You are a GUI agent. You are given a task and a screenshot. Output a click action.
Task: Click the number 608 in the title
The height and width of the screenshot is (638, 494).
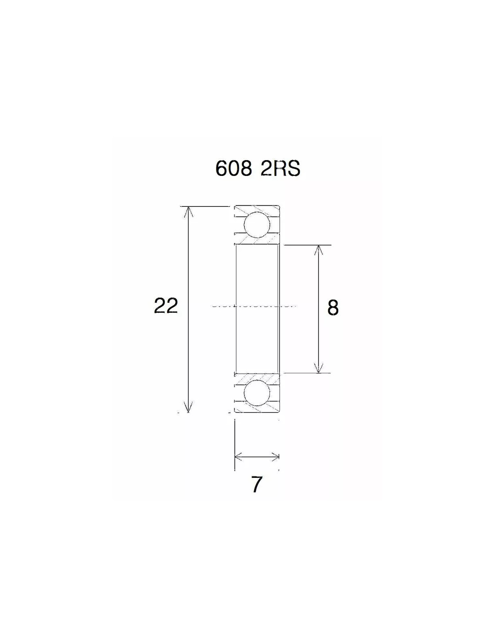(234, 169)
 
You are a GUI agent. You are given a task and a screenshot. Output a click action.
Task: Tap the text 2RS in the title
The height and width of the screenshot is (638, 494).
(280, 169)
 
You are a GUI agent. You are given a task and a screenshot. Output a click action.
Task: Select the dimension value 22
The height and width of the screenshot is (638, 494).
(166, 306)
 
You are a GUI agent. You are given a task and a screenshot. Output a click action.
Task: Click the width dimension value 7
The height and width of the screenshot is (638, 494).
(256, 485)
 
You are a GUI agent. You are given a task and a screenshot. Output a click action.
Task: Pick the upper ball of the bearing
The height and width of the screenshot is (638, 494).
(256, 225)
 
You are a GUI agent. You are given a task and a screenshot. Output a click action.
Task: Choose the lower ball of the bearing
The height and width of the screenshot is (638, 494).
(256, 393)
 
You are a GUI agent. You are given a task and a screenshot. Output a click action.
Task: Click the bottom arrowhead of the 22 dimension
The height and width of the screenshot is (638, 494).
(188, 406)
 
